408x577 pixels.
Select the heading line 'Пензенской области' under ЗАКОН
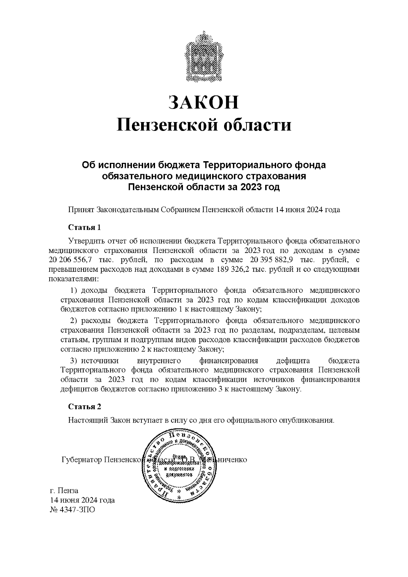click(x=204, y=125)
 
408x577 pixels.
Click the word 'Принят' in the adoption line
click(x=81, y=210)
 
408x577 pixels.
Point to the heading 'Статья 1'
click(x=85, y=227)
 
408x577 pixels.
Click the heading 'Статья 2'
click(x=85, y=407)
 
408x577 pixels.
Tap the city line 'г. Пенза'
click(x=64, y=491)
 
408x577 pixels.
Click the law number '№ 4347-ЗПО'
click(x=72, y=510)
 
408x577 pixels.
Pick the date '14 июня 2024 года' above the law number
click(x=82, y=500)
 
